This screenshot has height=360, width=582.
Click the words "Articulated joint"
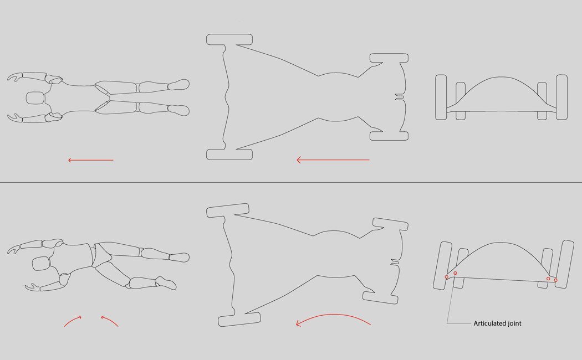pos(497,323)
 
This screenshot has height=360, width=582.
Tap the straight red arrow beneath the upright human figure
pos(90,160)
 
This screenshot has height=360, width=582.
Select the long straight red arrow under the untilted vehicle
pos(333,160)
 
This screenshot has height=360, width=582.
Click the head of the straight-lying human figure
pos(35,98)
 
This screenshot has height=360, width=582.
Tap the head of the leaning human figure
pos(41,263)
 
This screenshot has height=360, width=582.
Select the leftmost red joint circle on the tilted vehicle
pos(447,277)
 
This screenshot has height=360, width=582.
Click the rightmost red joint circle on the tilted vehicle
pos(555,280)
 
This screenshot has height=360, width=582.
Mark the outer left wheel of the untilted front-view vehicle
pos(441,97)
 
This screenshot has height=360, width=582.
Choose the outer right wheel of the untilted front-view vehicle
pos(561,97)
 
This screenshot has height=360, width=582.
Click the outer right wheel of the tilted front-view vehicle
pos(564,264)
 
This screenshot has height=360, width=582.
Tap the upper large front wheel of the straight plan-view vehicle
pos(229,40)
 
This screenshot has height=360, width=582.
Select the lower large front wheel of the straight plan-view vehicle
pos(229,154)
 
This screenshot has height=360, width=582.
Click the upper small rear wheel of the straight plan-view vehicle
pos(389,58)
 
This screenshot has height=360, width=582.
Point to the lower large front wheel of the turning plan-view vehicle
pos(239,319)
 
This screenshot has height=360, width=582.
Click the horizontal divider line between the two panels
pos(291,182)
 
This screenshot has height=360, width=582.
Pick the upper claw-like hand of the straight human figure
pos(15,77)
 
